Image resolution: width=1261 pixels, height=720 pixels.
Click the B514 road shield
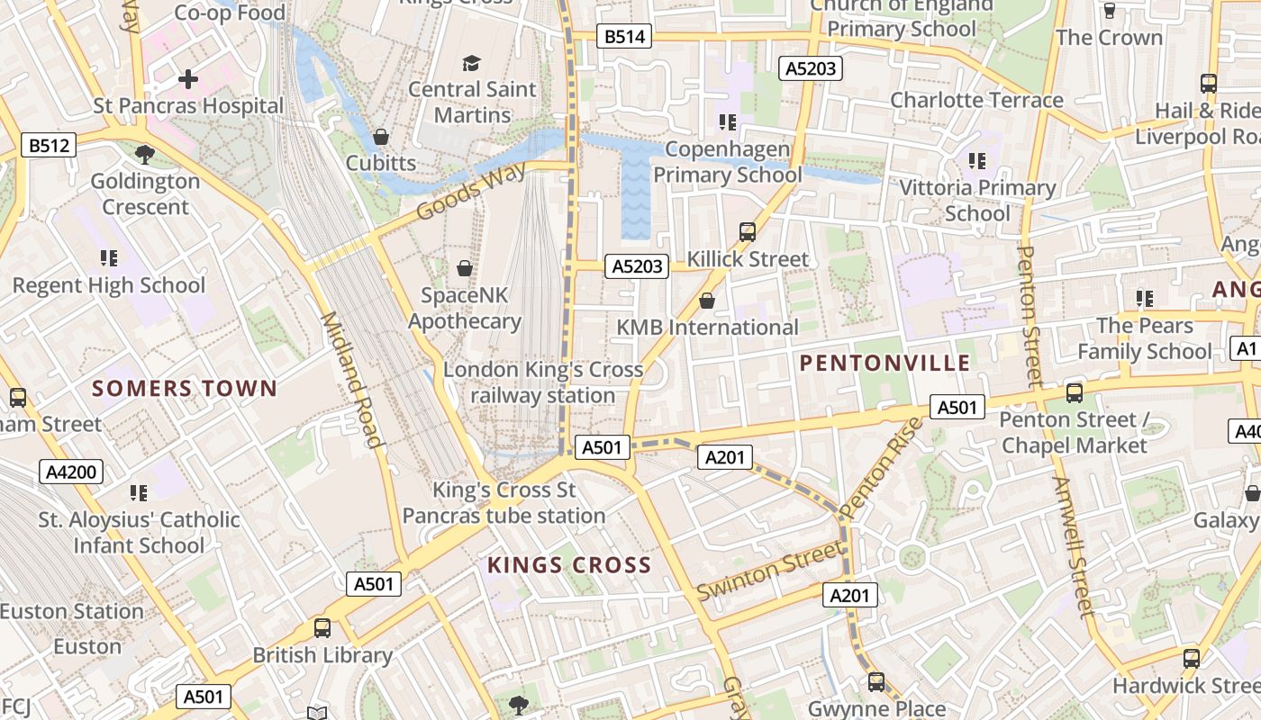point(624,37)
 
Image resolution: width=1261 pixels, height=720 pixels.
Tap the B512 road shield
point(49,145)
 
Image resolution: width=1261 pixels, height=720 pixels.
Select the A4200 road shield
point(71,472)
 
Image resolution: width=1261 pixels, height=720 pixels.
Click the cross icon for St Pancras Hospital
point(188,79)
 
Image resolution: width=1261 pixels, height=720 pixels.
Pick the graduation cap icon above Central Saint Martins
point(471,63)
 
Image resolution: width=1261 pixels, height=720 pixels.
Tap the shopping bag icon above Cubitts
point(381,137)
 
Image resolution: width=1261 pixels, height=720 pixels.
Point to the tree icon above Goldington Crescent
point(144,154)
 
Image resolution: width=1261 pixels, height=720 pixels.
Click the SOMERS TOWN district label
point(185,389)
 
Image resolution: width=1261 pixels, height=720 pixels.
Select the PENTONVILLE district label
point(885,363)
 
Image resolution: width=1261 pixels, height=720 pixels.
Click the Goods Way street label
point(471,192)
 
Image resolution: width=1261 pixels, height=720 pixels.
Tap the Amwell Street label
point(1071,547)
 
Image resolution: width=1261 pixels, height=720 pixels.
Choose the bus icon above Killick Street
point(747,232)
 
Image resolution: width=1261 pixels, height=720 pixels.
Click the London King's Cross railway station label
point(543,382)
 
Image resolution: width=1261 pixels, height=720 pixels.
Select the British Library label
point(322,655)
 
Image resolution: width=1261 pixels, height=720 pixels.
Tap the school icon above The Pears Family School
point(1145,298)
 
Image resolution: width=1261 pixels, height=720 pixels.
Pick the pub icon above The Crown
point(1110,11)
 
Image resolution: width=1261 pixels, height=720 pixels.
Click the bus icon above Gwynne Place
point(875,681)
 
